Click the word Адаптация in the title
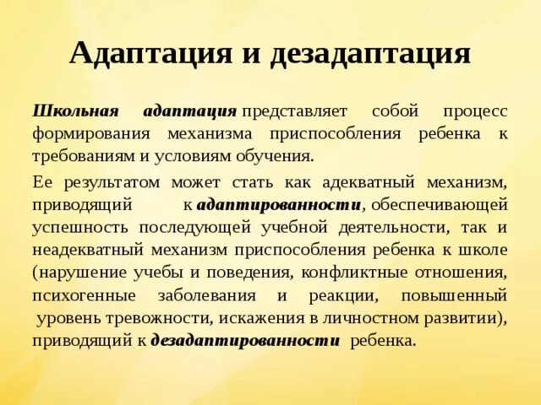(149, 53)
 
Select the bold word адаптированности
(279, 204)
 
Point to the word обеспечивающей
(439, 204)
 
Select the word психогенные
(81, 295)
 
